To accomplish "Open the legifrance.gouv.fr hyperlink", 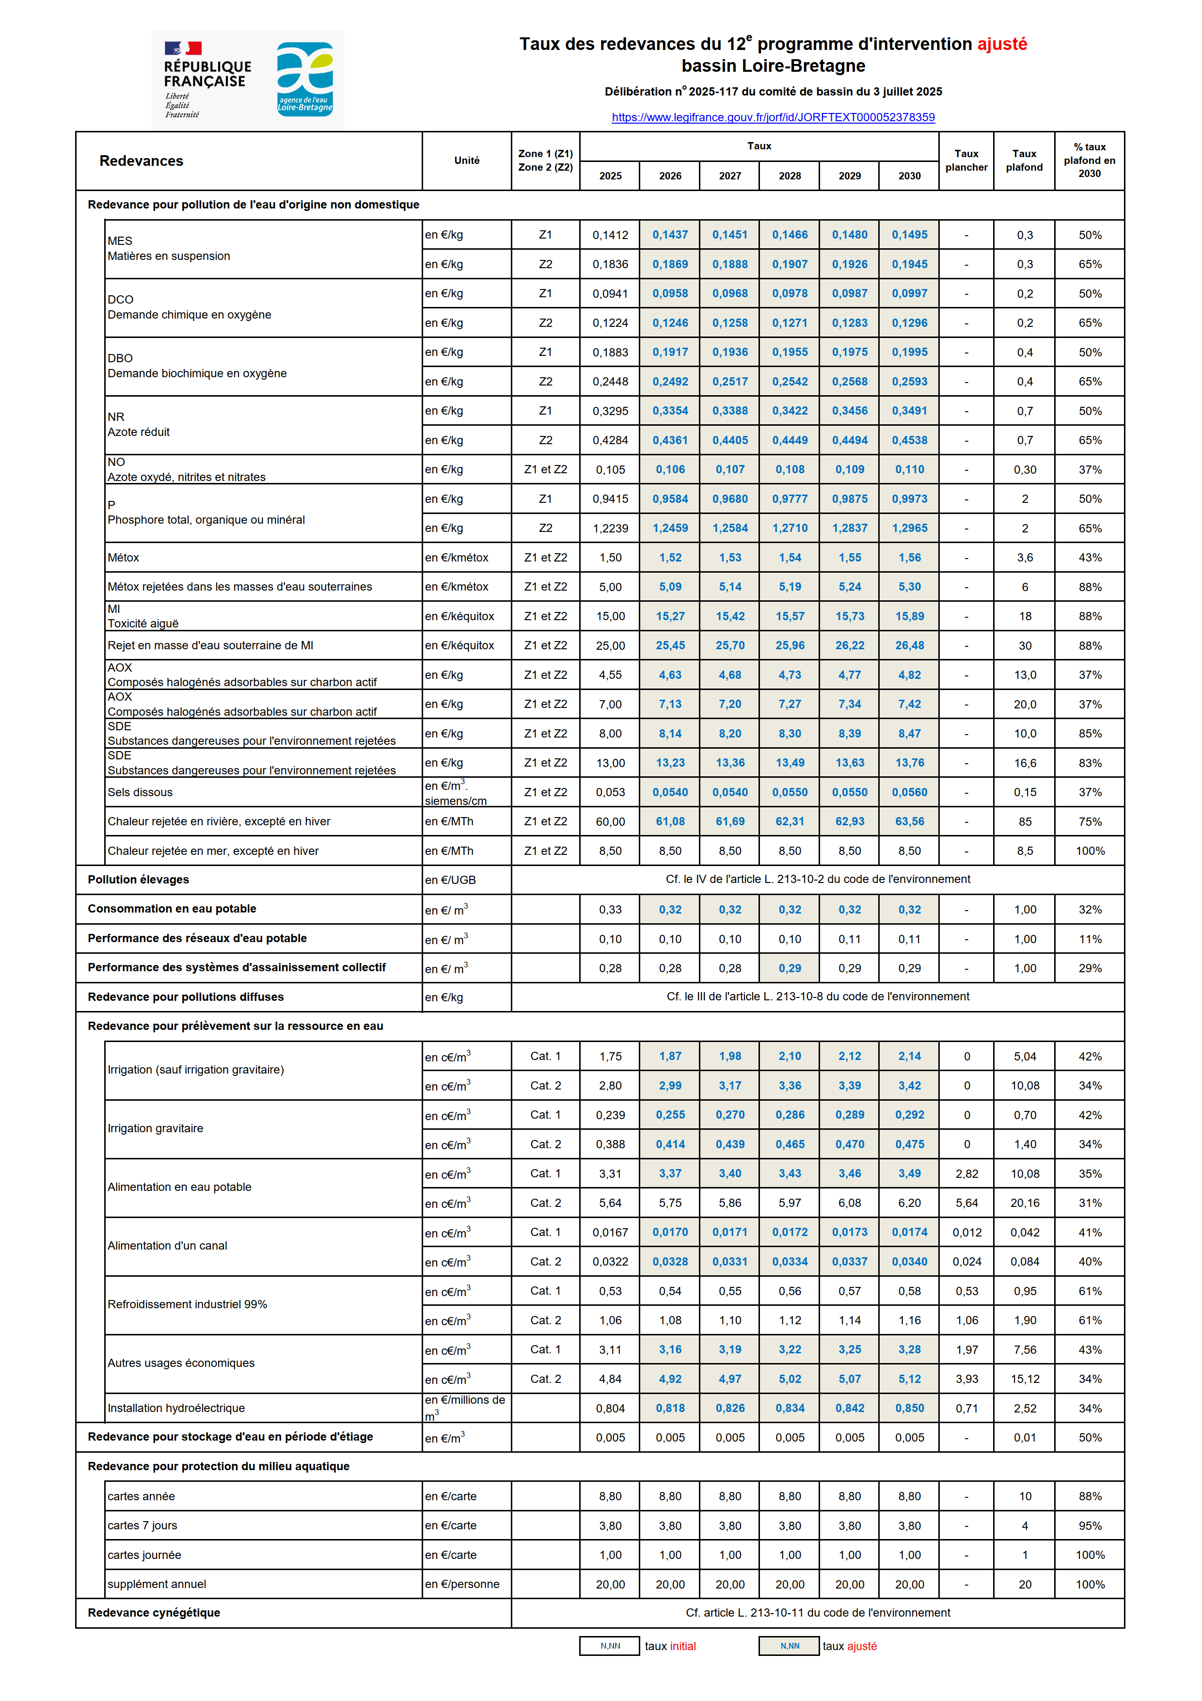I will [x=773, y=117].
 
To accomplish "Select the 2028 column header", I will [x=790, y=176].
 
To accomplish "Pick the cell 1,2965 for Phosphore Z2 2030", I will [x=909, y=528].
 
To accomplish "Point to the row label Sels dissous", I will [x=140, y=792].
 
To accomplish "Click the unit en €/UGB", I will [x=450, y=880].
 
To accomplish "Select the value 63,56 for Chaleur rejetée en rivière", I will [x=909, y=821].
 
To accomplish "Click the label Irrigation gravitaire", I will [x=156, y=1128].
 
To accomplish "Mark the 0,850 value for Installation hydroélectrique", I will [x=909, y=1408].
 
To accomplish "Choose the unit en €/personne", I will [x=462, y=1584].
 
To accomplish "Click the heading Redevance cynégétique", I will [x=154, y=1613].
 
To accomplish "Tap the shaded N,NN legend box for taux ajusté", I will [x=790, y=1646].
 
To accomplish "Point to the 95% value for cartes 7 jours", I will [x=1090, y=1526].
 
